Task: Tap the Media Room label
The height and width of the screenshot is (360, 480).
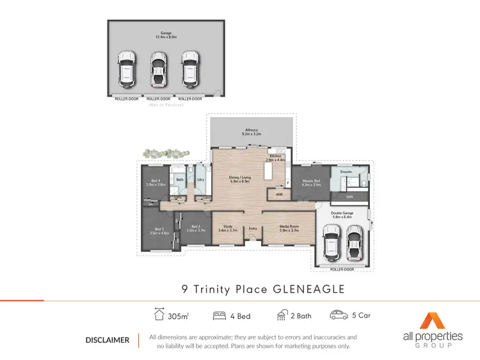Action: point(282,226)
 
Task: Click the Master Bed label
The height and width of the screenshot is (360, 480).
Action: point(312,181)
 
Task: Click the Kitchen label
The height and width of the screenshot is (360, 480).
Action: point(275,156)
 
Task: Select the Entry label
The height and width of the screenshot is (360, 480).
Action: point(253,229)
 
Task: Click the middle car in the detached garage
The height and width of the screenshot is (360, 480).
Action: point(157,69)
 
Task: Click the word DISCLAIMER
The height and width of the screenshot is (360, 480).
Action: point(108,340)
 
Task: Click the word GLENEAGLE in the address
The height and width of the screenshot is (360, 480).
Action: point(309,290)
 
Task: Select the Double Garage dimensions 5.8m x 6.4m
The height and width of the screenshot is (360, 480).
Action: point(342,217)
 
